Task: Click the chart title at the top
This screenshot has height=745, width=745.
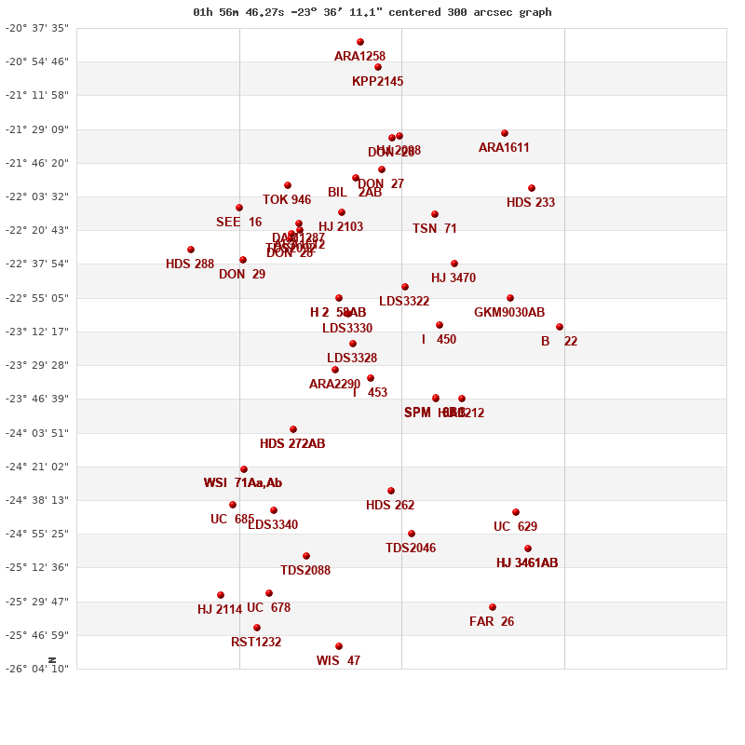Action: [372, 12]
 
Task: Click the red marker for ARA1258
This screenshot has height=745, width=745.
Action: [360, 42]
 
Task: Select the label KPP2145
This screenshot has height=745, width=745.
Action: [377, 82]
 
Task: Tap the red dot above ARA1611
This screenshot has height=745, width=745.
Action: [505, 133]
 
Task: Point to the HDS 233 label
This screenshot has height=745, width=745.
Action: [531, 203]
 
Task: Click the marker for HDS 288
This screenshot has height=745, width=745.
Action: [191, 250]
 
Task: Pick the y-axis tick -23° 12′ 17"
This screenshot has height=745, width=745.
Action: [37, 332]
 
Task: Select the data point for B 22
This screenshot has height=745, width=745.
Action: [560, 327]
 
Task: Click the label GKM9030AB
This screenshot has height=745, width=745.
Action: [509, 313]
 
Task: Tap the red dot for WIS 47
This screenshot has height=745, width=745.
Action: [339, 646]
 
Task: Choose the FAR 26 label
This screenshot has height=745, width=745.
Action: [492, 622]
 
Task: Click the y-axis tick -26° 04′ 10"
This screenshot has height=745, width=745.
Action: [37, 669]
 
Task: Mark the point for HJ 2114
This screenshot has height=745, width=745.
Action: [221, 595]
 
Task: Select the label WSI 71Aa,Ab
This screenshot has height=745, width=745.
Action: [243, 483]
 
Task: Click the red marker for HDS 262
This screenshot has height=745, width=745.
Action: [391, 491]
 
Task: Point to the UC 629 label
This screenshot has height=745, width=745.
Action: [515, 527]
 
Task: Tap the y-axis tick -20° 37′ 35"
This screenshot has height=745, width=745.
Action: [37, 28]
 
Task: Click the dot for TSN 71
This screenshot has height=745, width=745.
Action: [435, 214]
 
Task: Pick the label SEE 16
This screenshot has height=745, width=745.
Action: [238, 223]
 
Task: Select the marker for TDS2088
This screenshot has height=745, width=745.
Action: [306, 556]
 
